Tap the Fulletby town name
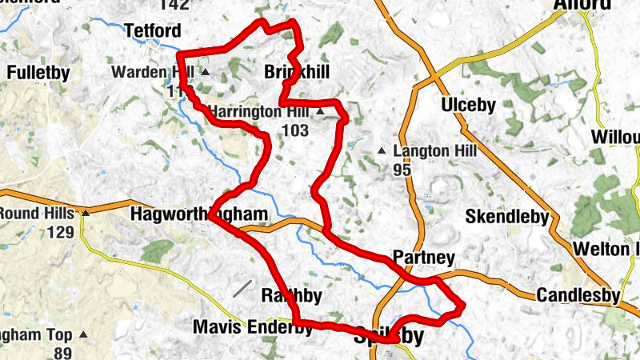coord(38,73)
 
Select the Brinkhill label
coord(296,73)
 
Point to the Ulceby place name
coord(468,105)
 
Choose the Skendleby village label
coord(507,217)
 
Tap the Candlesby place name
coord(578,295)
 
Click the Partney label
coord(424,258)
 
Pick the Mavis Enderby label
coord(245,327)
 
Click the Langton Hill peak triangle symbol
coord(382,151)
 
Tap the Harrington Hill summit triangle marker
coord(320,112)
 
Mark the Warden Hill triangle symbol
coord(205,72)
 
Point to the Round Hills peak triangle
coord(85,214)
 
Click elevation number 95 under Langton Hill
coord(402,170)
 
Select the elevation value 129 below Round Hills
coord(61,233)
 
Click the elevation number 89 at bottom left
coord(61,353)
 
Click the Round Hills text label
coord(37,214)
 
